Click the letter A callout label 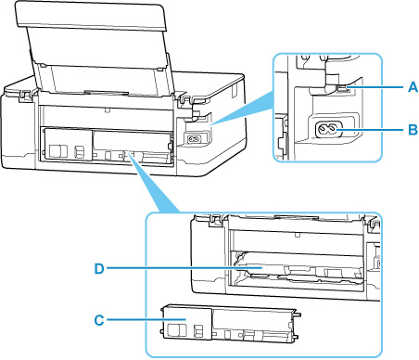point(413,87)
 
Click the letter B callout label point(413,130)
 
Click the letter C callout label point(99,320)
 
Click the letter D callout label point(99,269)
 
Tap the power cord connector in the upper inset point(329,130)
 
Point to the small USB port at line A point(343,89)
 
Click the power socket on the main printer point(194,139)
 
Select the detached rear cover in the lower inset point(230,324)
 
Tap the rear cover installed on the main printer point(106,144)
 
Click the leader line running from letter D point(184,269)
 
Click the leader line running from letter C point(146,320)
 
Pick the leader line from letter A point(375,87)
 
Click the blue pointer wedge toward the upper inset point(243,108)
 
